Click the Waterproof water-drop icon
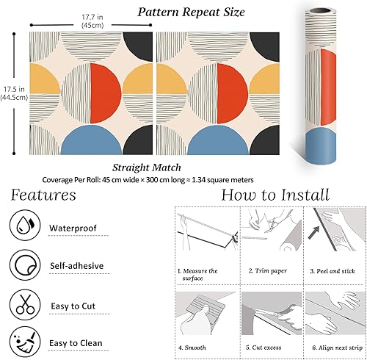pyautogui.click(x=25, y=225)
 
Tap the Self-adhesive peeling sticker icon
pyautogui.click(x=25, y=265)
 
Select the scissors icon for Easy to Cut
pyautogui.click(x=25, y=305)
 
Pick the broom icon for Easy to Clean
pyautogui.click(x=25, y=342)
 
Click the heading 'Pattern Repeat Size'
pyautogui.click(x=191, y=12)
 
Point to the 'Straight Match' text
pyautogui.click(x=147, y=168)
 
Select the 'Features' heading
pyautogui.click(x=43, y=195)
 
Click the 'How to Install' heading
pyautogui.click(x=275, y=195)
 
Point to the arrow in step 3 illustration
pyautogui.click(x=314, y=232)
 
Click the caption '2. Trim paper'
pyautogui.click(x=268, y=271)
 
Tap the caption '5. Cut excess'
pyautogui.click(x=264, y=348)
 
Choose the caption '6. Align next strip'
pyautogui.click(x=338, y=348)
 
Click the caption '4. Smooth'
pyautogui.click(x=192, y=348)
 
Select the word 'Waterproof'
pyautogui.click(x=73, y=228)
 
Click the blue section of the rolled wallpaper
pyautogui.click(x=321, y=146)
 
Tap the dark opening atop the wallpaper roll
pyautogui.click(x=320, y=11)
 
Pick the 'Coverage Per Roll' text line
pyautogui.click(x=148, y=180)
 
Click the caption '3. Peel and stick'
pyautogui.click(x=333, y=271)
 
